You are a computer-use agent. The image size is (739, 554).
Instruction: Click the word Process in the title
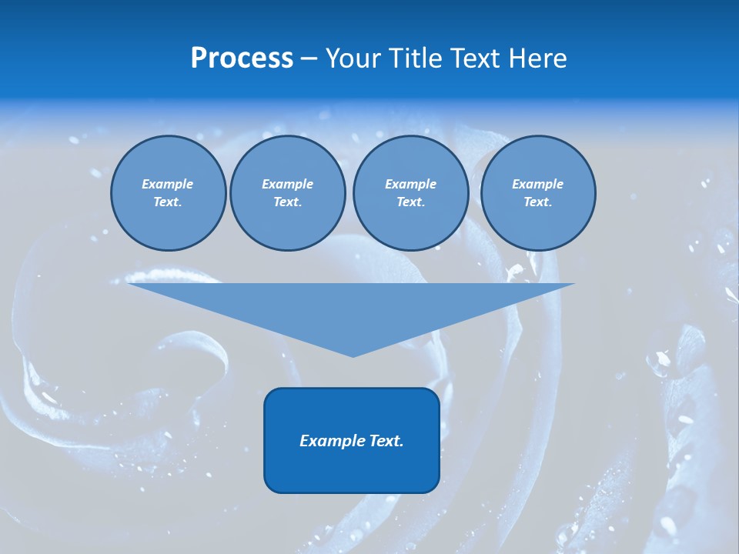242,58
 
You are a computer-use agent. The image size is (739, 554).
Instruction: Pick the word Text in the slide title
476,58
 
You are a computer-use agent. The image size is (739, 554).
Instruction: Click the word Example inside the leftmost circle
168,184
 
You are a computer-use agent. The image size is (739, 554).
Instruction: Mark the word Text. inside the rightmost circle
537,202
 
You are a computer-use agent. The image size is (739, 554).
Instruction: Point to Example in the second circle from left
287,184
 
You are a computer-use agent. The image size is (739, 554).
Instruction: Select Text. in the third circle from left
410,202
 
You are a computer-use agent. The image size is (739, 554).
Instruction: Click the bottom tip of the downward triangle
353,355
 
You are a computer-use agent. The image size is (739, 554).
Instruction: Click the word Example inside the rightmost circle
537,184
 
